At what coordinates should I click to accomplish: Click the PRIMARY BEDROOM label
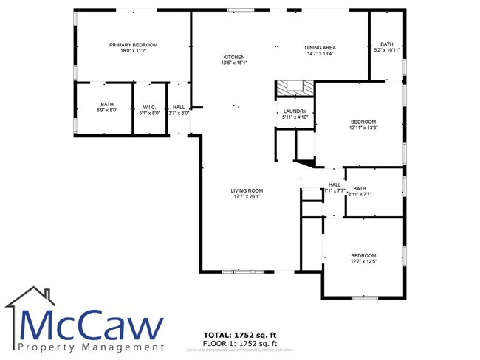click(x=134, y=45)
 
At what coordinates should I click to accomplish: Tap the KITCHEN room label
click(x=234, y=57)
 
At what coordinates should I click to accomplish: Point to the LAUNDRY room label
click(x=295, y=111)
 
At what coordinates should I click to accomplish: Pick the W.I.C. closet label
click(x=150, y=107)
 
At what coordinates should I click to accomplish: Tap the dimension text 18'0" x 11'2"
click(x=134, y=51)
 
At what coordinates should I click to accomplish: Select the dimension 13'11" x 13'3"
click(x=363, y=128)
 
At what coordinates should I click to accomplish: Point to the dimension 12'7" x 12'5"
click(x=363, y=261)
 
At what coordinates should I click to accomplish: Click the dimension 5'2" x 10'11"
click(x=387, y=50)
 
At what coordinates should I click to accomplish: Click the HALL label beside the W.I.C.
click(x=179, y=107)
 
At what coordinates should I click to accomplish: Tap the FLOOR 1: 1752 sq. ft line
click(x=240, y=344)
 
